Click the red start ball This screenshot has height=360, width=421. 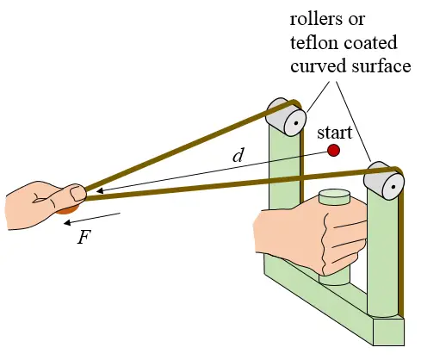pos(333,150)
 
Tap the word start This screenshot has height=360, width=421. pos(334,133)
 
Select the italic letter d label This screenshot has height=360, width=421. pos(238,155)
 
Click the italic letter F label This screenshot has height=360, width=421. pos(84,237)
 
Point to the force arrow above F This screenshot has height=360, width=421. pos(92,219)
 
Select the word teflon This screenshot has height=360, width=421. pos(313,43)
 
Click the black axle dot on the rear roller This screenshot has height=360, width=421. pos(296,123)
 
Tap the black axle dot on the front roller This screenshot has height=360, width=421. pos(393,187)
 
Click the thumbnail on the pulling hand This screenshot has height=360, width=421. pos(77,194)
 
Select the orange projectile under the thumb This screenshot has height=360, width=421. pos(66,210)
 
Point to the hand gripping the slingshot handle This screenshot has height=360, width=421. pos(310,237)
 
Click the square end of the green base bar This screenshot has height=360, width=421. pos(388,332)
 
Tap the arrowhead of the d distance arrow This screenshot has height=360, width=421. pos(100,191)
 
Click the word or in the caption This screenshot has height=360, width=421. pos(356,21)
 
